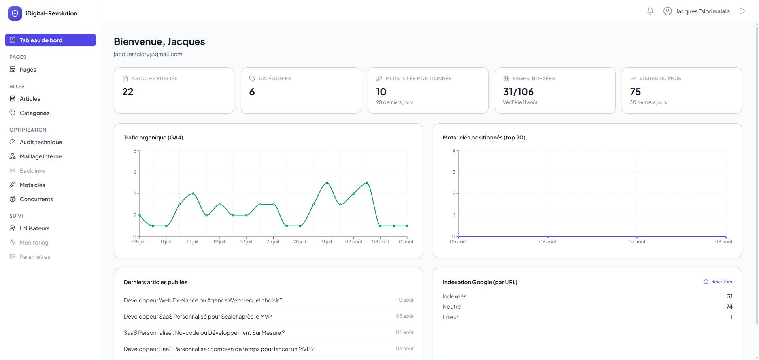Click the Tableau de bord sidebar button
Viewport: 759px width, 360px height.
50,40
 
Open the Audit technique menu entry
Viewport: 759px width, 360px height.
41,142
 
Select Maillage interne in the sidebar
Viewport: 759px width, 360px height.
41,156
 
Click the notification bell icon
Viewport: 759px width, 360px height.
650,11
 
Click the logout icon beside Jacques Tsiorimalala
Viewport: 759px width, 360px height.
742,11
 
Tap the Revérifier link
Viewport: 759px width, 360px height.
718,282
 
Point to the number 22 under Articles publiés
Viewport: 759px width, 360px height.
128,92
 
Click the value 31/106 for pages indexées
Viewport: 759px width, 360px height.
518,92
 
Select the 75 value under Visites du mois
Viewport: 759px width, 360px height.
635,92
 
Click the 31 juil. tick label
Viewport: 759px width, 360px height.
327,242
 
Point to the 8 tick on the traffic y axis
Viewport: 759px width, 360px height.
135,151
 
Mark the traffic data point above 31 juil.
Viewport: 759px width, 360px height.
327,183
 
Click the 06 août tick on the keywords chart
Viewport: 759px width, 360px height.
548,242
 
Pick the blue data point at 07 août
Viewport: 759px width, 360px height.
637,237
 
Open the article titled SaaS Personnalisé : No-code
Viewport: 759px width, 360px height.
204,333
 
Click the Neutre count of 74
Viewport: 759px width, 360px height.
729,307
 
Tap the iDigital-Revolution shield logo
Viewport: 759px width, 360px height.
15,13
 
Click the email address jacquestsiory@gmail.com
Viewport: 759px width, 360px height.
148,54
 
